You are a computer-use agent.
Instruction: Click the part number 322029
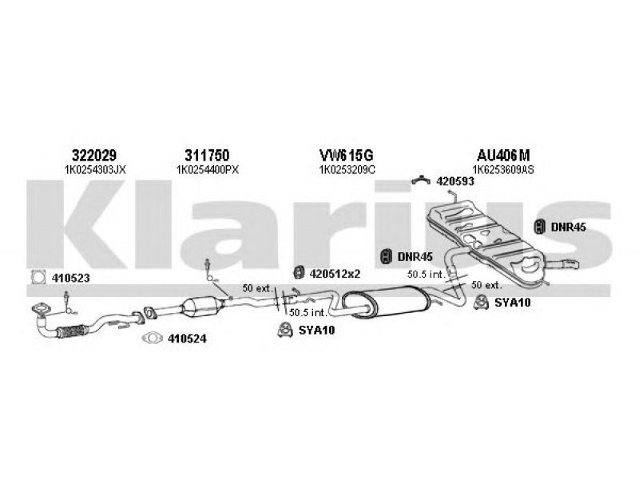[x=94, y=155]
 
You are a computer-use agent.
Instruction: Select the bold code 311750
[x=207, y=155]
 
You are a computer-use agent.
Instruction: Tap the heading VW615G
[x=346, y=155]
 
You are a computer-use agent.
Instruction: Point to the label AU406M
[x=503, y=155]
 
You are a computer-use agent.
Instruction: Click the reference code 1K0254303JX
[x=95, y=170]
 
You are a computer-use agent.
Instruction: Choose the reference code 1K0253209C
[x=347, y=170]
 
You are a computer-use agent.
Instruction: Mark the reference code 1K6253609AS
[x=504, y=170]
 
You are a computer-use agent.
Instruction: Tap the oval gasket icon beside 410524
[x=153, y=338]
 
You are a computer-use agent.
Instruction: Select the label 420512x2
[x=335, y=274]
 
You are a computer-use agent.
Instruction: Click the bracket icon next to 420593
[x=421, y=180]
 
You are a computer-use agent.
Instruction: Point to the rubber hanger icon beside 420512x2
[x=300, y=272]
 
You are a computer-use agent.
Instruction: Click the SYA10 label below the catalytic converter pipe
[x=316, y=330]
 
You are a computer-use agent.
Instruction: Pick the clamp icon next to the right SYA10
[x=482, y=303]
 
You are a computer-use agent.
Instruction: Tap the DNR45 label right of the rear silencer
[x=569, y=227]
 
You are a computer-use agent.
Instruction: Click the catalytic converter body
[x=202, y=307]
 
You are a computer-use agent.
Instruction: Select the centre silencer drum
[x=387, y=301]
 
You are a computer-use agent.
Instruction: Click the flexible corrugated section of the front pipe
[x=72, y=332]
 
